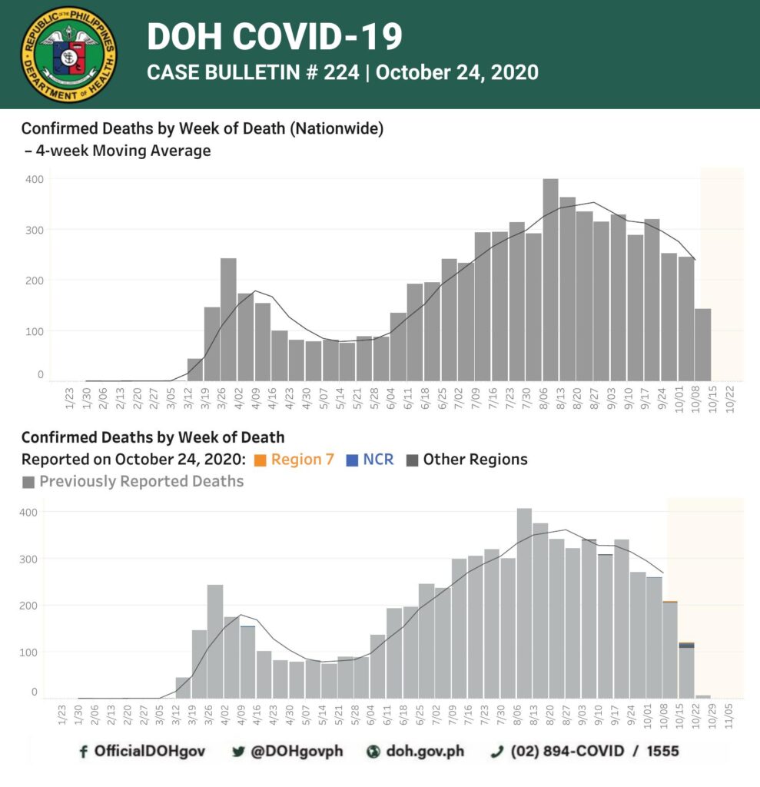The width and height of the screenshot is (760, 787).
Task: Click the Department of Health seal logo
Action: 68,55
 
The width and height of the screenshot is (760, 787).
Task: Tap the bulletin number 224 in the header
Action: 341,72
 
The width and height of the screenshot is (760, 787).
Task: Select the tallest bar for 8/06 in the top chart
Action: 551,280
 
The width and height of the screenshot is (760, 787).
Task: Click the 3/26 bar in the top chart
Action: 228,319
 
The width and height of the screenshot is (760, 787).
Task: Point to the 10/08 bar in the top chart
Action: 703,345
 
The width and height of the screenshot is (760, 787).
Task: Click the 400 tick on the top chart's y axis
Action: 34,179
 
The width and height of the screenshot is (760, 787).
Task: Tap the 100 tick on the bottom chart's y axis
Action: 28,653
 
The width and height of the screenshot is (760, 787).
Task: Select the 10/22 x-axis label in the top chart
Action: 730,398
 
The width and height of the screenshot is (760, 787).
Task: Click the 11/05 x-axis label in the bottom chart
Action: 728,716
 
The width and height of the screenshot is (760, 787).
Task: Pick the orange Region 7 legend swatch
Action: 260,460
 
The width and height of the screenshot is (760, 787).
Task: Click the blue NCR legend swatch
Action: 353,460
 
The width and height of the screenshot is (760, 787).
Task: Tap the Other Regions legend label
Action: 475,460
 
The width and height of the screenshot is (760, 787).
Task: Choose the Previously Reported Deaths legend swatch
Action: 28,483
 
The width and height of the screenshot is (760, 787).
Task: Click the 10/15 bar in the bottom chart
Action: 686,670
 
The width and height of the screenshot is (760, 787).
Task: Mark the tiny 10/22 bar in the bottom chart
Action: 703,696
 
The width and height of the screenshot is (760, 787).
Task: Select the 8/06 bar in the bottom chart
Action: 524,603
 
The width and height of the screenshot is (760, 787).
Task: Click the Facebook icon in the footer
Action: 83,752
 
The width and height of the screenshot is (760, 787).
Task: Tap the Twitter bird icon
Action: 238,752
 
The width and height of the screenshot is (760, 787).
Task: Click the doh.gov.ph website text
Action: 425,751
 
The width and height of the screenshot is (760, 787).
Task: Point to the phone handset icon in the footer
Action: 497,752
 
